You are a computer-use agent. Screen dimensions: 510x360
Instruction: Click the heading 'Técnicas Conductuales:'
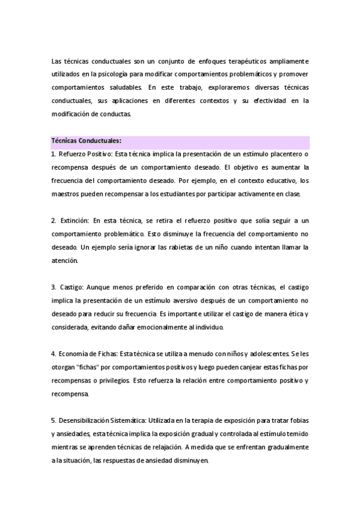point(87,141)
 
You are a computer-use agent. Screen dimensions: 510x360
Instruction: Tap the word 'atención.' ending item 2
point(65,260)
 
